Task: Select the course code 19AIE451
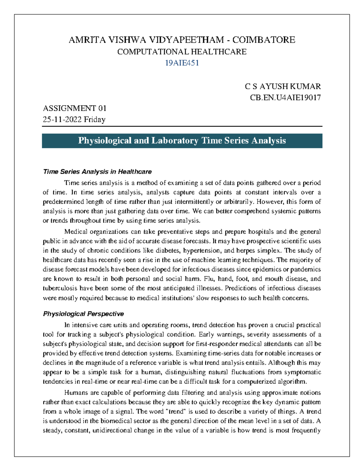point(182,63)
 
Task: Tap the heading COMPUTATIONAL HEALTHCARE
point(182,52)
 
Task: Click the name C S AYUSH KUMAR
point(283,86)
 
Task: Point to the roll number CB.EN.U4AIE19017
point(285,98)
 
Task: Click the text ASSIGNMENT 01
point(75,108)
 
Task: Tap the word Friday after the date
point(95,119)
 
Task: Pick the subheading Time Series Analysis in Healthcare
point(97,172)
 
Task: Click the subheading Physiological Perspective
point(83,314)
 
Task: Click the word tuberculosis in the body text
point(60,288)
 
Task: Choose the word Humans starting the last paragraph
point(76,393)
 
